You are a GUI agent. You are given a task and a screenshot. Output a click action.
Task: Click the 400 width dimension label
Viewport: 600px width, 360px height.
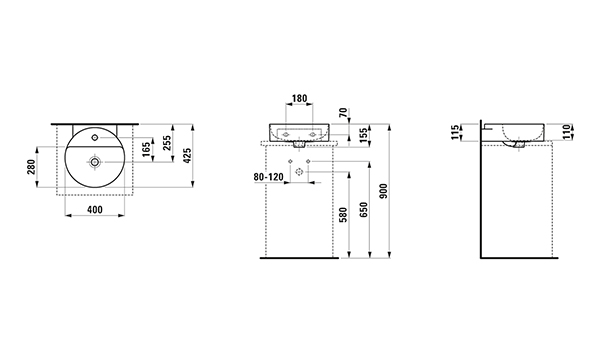tap(95, 210)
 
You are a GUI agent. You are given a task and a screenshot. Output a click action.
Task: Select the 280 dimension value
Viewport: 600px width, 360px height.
tap(31, 167)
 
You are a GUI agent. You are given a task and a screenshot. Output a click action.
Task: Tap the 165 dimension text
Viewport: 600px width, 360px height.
tap(146, 150)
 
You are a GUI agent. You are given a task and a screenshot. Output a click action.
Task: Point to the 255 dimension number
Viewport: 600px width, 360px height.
tap(167, 143)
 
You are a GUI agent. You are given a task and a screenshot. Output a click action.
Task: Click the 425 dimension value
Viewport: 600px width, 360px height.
tap(187, 156)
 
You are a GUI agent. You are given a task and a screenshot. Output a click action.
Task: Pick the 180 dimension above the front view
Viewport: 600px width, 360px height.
tap(299, 99)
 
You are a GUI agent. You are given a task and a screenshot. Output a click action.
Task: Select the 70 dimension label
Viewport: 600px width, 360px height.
tap(343, 112)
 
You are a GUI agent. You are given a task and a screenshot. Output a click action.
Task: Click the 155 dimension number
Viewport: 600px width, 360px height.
tap(364, 135)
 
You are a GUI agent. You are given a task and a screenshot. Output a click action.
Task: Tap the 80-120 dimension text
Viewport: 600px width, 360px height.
tap(269, 177)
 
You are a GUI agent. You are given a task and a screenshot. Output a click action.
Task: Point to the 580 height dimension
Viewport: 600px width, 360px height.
tap(343, 215)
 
